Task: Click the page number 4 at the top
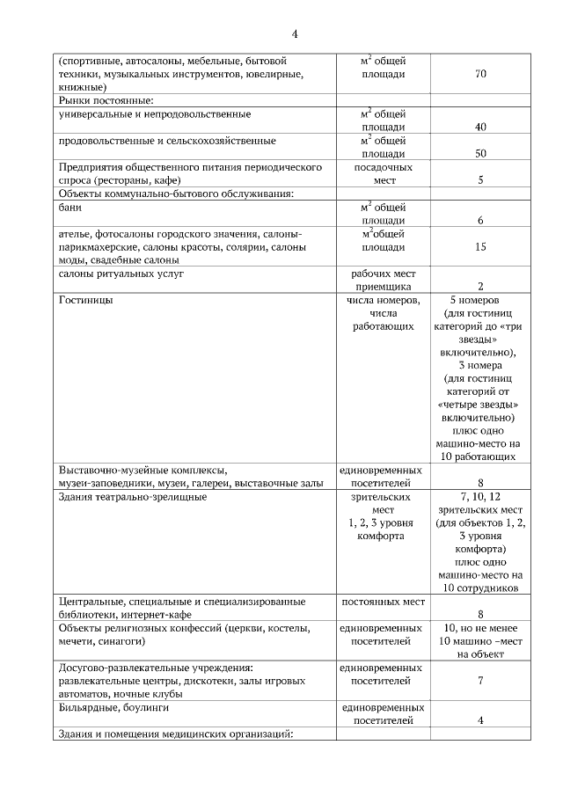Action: coord(296,33)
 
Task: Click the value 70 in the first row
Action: coord(480,74)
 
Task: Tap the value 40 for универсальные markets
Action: coord(480,128)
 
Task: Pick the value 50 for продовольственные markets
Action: coord(480,154)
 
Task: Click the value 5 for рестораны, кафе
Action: coord(480,180)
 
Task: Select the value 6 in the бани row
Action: coord(480,221)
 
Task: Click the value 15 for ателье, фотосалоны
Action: coord(480,247)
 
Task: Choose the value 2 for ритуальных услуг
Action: coord(480,287)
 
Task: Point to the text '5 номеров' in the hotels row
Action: coord(480,300)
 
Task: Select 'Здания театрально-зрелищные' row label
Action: coord(133,497)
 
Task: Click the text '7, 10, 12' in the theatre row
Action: coord(480,497)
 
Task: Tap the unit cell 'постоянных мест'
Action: coord(384,602)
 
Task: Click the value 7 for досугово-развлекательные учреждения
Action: coord(480,681)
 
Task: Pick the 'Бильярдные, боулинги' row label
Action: coord(113,707)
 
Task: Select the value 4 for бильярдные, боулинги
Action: coord(480,720)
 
